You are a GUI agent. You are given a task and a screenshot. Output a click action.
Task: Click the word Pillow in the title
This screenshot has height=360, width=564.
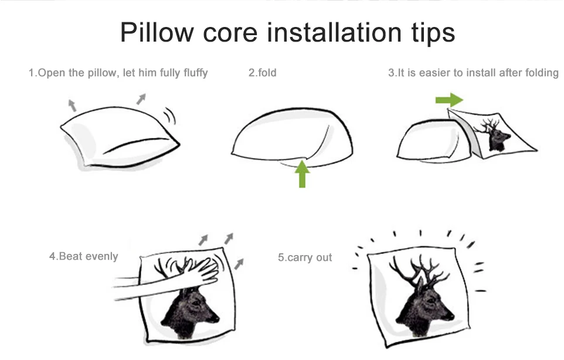[157, 32]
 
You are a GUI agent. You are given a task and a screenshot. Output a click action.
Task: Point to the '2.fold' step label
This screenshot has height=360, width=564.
[263, 73]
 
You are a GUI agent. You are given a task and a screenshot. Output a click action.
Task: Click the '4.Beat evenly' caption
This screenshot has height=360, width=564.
[83, 256]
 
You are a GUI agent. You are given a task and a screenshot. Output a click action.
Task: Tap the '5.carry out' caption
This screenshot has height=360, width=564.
[305, 257]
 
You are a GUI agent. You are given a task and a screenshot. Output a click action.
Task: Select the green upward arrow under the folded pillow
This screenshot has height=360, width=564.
[302, 174]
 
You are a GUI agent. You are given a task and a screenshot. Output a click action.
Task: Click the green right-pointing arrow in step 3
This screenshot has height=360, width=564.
[449, 100]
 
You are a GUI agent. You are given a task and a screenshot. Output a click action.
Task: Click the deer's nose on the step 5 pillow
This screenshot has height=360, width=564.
[451, 317]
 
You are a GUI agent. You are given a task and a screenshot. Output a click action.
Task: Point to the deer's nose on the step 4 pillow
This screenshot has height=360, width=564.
[216, 318]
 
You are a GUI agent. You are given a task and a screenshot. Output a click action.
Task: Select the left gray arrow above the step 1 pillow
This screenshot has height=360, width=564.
[73, 105]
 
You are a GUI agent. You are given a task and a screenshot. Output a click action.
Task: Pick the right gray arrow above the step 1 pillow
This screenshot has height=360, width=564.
[141, 99]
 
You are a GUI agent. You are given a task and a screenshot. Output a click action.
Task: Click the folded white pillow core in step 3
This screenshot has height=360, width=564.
[433, 141]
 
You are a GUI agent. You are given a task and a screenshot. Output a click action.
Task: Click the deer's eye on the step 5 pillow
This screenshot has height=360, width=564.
[430, 300]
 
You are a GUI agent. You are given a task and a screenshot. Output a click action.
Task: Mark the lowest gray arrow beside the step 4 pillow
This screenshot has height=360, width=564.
[239, 264]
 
